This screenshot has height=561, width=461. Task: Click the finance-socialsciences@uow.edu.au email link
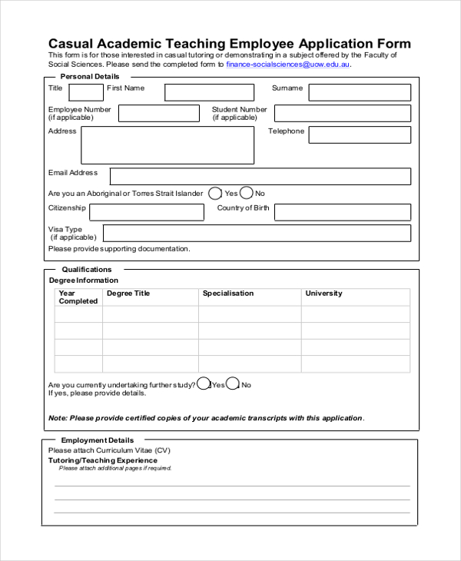pos(288,65)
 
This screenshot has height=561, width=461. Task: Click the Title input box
pos(86,92)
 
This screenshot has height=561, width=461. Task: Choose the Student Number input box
pos(343,114)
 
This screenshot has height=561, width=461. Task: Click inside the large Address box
pos(167,145)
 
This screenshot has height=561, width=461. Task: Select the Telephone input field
pos(360,134)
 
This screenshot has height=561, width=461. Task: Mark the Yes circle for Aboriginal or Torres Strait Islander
pos(215,194)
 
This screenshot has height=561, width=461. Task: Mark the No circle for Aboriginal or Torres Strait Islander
pos(247,194)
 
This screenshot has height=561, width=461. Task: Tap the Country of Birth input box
pos(343,212)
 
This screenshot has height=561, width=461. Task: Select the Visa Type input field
pos(257,234)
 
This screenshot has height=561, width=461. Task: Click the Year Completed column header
pos(78,297)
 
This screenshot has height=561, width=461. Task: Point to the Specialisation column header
pos(228,294)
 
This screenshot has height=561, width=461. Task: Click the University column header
pos(323,294)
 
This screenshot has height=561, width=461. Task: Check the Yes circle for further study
pos(204,384)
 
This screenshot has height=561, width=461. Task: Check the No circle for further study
pos(233,384)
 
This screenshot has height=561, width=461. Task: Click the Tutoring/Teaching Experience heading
pos(103,460)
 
